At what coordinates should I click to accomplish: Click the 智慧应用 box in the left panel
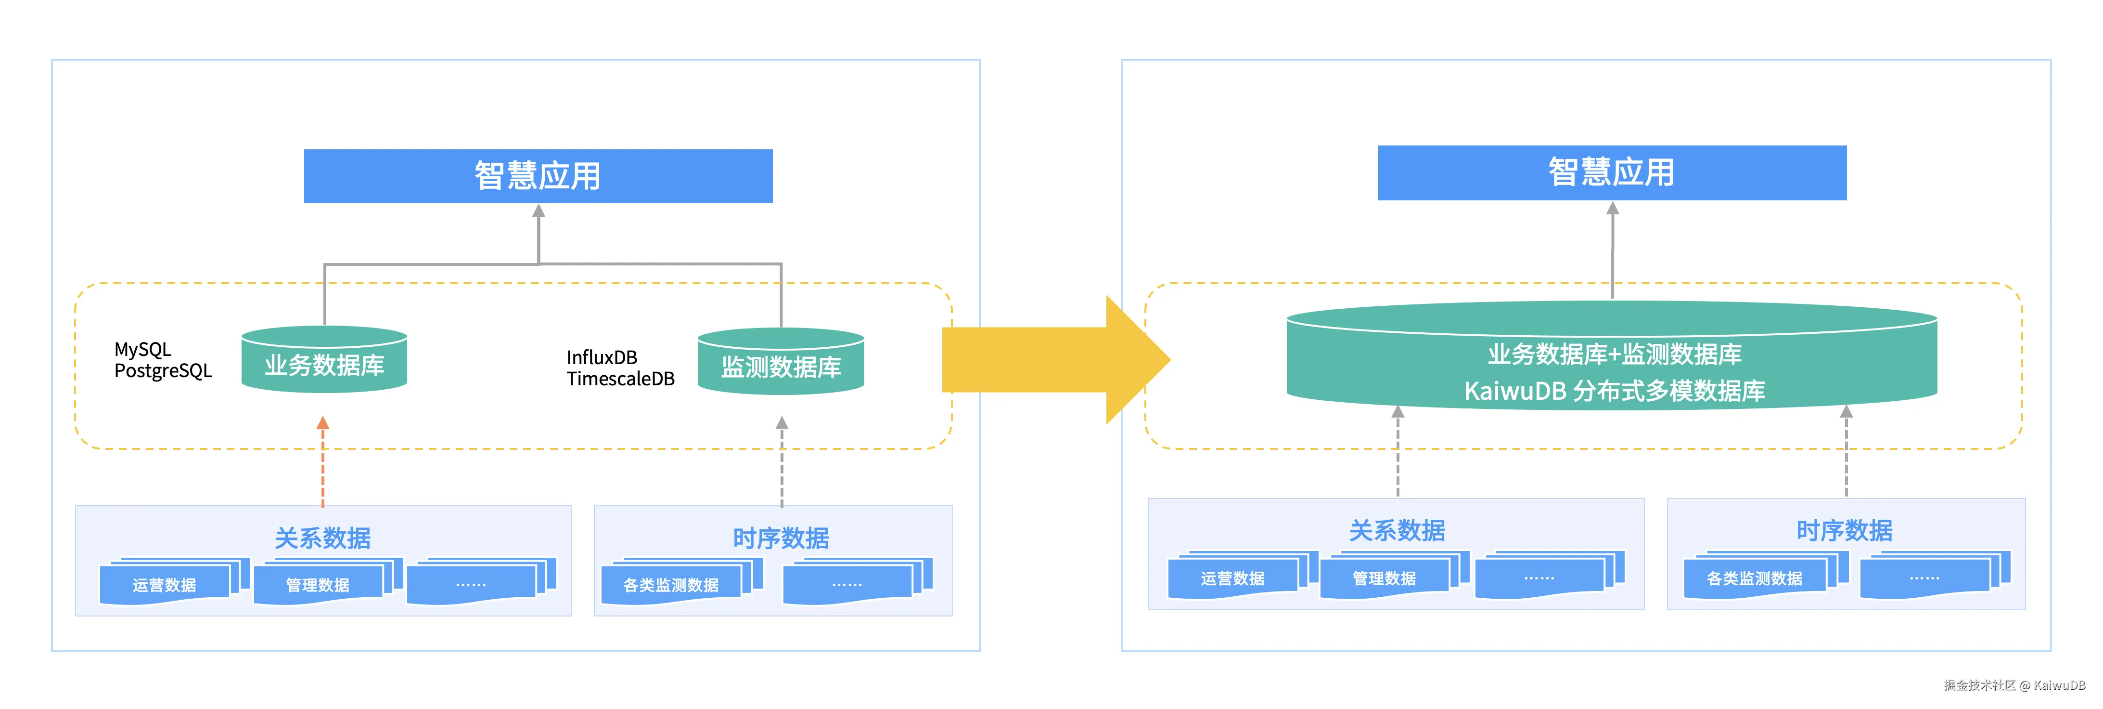point(538,176)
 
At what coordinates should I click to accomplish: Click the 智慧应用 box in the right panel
point(1612,172)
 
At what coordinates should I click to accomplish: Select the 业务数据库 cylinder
point(324,362)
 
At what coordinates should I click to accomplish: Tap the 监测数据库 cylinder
point(781,364)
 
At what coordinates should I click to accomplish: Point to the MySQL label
point(143,350)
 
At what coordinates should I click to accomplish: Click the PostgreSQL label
point(163,371)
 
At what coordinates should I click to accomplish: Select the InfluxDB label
point(602,358)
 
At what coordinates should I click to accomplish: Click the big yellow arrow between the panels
point(1053,359)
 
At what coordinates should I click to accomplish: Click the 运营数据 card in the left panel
point(164,585)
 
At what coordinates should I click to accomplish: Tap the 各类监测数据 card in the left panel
point(670,585)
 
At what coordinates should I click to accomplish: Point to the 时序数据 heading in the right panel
point(1844,531)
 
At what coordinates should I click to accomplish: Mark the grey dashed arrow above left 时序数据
point(781,461)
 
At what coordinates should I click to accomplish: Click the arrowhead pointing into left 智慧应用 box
point(538,211)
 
